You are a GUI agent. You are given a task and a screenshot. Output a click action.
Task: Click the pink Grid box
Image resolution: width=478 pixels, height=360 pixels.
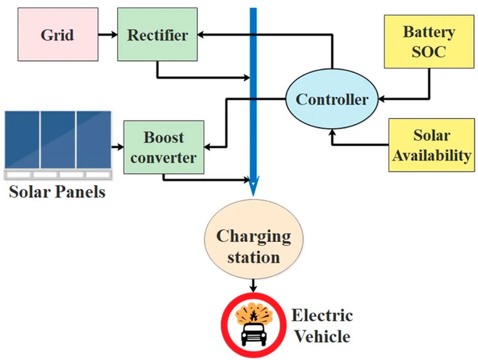(x=58, y=34)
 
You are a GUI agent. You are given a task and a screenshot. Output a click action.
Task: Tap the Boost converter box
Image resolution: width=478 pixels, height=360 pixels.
(x=163, y=147)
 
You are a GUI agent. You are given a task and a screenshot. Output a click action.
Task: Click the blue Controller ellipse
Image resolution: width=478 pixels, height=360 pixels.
(x=332, y=99)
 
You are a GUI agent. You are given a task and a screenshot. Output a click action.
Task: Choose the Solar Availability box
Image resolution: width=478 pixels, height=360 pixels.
(x=431, y=145)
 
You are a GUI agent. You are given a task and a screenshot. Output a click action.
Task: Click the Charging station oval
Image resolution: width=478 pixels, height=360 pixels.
(x=253, y=246)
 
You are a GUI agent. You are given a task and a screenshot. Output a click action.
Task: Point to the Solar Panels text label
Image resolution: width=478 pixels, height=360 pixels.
(x=57, y=191)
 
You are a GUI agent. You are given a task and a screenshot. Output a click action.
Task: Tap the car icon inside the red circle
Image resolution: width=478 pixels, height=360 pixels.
(x=253, y=333)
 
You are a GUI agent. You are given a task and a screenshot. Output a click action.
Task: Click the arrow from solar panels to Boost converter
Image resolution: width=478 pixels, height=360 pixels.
(x=117, y=147)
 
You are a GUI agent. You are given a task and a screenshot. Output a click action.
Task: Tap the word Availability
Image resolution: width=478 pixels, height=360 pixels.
(x=431, y=155)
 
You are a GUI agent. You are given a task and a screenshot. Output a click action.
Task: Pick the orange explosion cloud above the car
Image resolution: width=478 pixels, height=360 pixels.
(x=253, y=315)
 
